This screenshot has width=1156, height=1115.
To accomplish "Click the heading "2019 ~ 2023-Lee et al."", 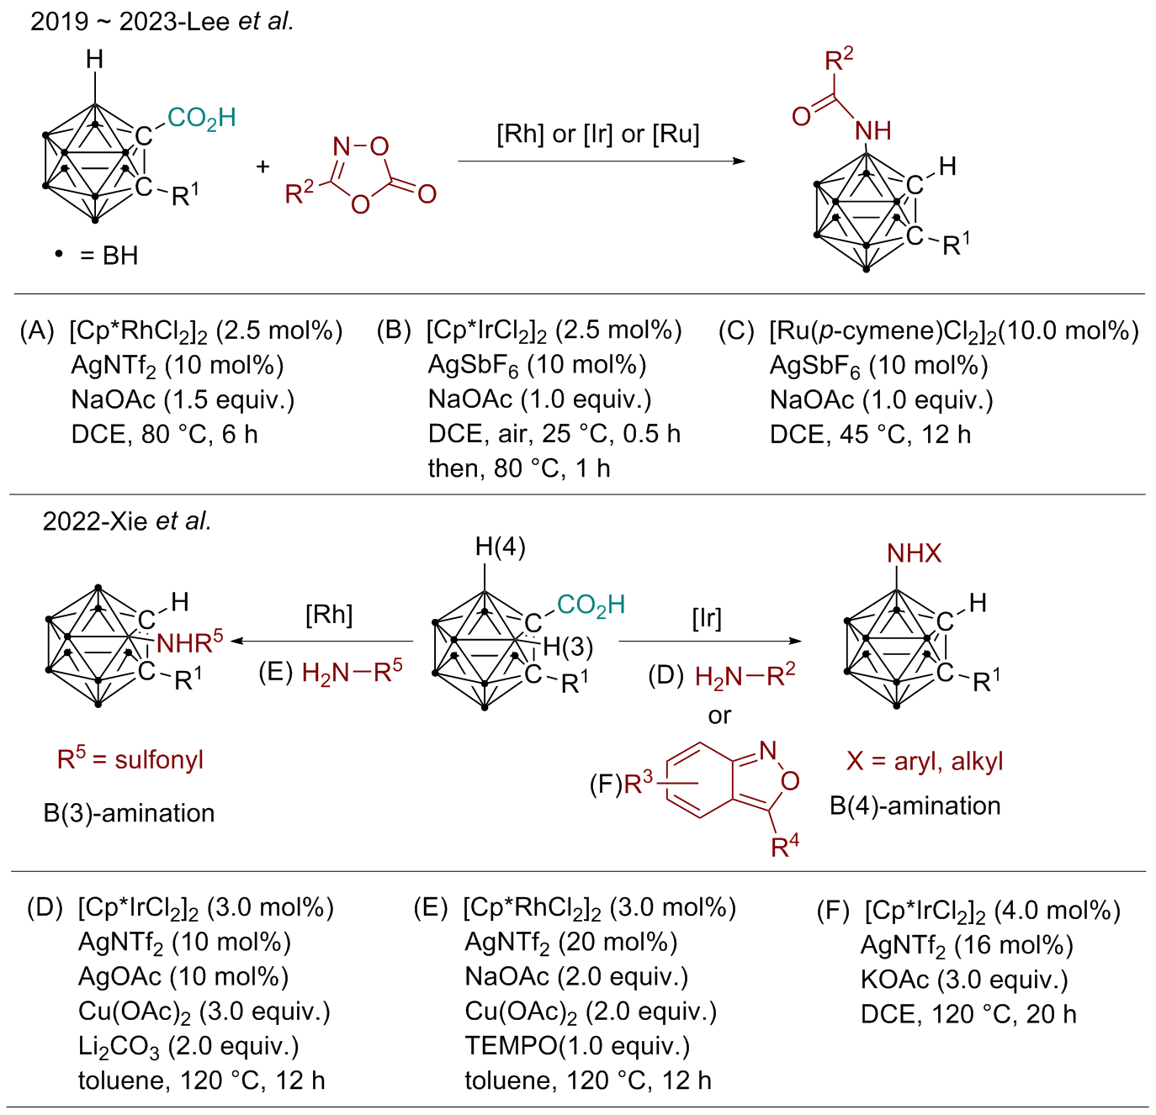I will pyautogui.click(x=162, y=21).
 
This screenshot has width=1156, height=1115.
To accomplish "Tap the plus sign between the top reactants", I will pyautogui.click(x=263, y=166).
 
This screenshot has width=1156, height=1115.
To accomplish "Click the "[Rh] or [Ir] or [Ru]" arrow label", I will pyautogui.click(x=597, y=134).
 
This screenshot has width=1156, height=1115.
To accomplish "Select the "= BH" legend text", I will pyautogui.click(x=109, y=256).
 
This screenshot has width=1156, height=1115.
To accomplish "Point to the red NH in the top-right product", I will pyautogui.click(x=872, y=131).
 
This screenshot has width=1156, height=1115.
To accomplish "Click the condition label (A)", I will pyautogui.click(x=37, y=331).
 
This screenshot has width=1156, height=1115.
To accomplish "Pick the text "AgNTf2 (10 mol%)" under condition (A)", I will pyautogui.click(x=178, y=366).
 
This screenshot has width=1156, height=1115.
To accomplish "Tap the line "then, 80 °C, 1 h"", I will pyautogui.click(x=518, y=468).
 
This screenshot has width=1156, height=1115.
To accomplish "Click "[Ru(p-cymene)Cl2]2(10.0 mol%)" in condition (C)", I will pyautogui.click(x=953, y=331).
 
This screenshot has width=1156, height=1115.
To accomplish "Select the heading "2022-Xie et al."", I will pyautogui.click(x=127, y=521).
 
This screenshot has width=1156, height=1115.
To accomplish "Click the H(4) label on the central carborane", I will pyautogui.click(x=500, y=547).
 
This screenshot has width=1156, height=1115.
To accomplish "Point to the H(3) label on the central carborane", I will pyautogui.click(x=568, y=647).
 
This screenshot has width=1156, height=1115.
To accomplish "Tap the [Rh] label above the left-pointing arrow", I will pyautogui.click(x=329, y=615).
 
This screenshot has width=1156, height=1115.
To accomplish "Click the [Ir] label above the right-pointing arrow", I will pyautogui.click(x=707, y=619).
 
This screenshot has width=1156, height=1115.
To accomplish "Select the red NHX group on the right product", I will pyautogui.click(x=914, y=553).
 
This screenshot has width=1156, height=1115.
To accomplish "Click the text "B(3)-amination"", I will pyautogui.click(x=129, y=813).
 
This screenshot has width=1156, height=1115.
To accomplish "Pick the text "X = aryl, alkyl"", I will pyautogui.click(x=925, y=761).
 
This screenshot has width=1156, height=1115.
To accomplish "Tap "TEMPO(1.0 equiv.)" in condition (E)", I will pyautogui.click(x=577, y=1046).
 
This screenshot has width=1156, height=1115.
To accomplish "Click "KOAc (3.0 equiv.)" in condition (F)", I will pyautogui.click(x=964, y=980).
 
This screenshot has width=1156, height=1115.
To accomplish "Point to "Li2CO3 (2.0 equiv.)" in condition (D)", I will pyautogui.click(x=188, y=1046).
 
